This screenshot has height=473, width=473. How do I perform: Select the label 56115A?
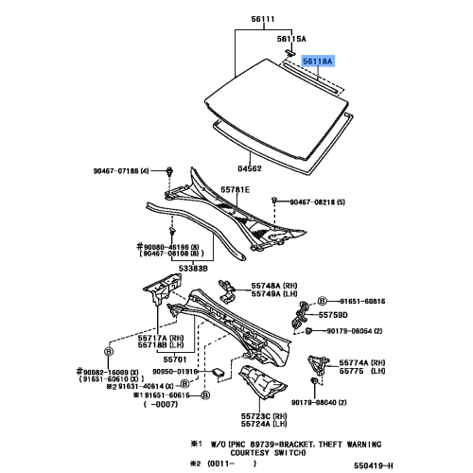coord(291,38)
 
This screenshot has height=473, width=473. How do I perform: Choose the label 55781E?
coord(235,190)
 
